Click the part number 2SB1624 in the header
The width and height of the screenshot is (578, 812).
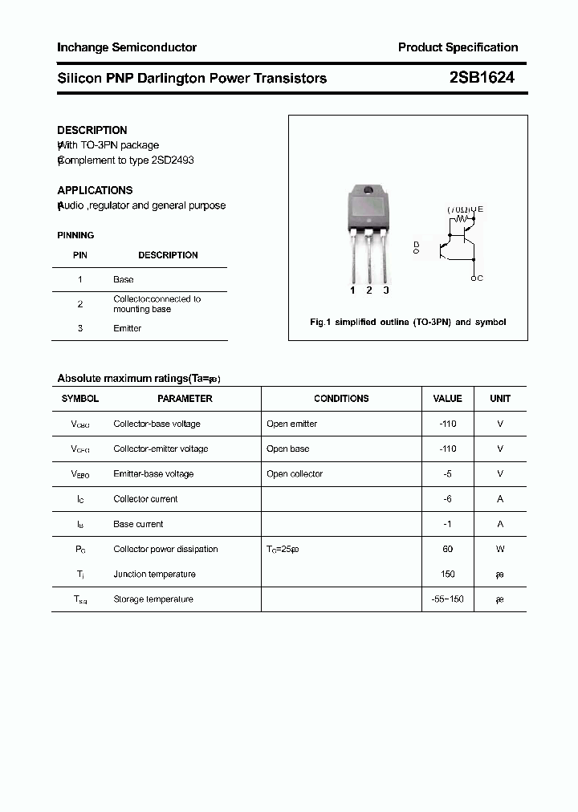click(x=481, y=78)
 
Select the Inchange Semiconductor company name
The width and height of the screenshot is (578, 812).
click(x=127, y=47)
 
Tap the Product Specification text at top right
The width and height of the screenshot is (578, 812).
click(x=458, y=47)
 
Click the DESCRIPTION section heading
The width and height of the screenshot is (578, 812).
click(x=92, y=130)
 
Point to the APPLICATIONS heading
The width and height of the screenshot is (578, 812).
click(x=95, y=190)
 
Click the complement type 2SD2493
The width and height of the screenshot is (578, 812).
click(x=173, y=160)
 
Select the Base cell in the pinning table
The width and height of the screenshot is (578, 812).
click(x=124, y=279)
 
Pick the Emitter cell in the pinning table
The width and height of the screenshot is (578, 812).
click(x=128, y=328)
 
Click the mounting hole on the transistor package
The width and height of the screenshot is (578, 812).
click(x=368, y=191)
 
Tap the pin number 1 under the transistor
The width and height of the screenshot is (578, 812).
click(x=352, y=290)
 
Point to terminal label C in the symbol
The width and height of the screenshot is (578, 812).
click(x=479, y=278)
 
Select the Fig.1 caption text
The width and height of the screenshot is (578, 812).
click(x=408, y=322)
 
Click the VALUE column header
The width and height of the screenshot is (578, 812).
click(x=447, y=399)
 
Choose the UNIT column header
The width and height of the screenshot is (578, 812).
click(x=500, y=399)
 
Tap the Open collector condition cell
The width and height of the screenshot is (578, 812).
click(x=295, y=474)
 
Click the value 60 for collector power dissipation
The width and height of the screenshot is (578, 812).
click(x=447, y=549)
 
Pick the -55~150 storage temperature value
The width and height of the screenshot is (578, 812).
click(x=447, y=599)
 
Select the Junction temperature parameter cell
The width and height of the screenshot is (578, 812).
click(x=154, y=574)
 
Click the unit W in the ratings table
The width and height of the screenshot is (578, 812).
click(x=500, y=549)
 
